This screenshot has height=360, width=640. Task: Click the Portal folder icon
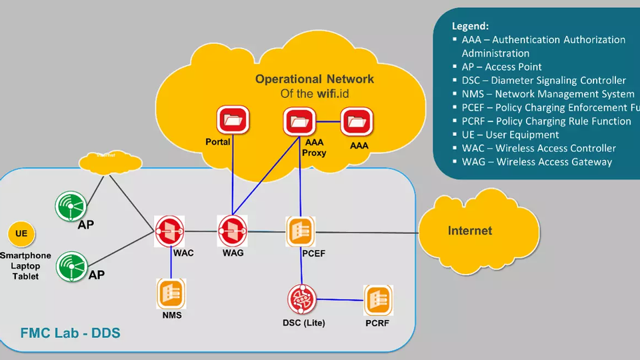(x=233, y=121)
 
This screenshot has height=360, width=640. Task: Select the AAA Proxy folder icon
(x=299, y=121)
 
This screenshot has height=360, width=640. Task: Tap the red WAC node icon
(x=171, y=231)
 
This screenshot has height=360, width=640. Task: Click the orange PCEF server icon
(x=300, y=231)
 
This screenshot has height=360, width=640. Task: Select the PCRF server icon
(x=377, y=301)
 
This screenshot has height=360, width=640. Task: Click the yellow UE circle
(x=21, y=234)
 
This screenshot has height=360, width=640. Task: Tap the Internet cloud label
(x=469, y=231)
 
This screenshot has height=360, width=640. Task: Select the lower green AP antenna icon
(x=72, y=267)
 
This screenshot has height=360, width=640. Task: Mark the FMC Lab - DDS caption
(x=70, y=331)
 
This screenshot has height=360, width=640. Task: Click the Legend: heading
(x=471, y=26)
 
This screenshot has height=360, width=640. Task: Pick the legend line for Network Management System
(x=547, y=94)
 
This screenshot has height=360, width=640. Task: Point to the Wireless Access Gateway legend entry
(x=537, y=162)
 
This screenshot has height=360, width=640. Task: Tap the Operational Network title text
(x=314, y=79)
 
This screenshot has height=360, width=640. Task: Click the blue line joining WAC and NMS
(x=171, y=261)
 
